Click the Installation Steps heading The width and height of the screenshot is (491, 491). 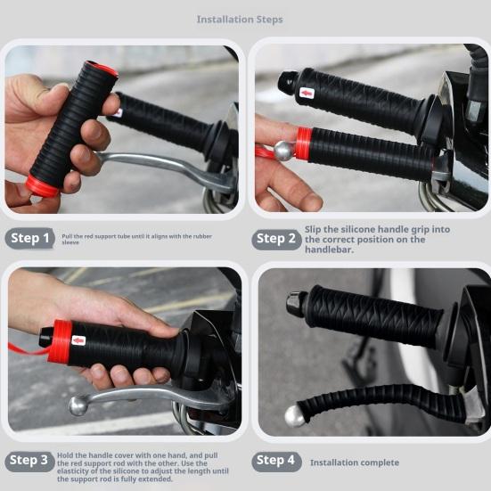(240, 19)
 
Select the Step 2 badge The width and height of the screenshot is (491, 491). (276, 238)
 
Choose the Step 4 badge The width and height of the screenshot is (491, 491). (276, 461)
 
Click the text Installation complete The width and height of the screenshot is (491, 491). (354, 462)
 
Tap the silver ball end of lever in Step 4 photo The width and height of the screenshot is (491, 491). (294, 415)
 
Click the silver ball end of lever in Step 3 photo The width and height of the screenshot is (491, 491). (78, 405)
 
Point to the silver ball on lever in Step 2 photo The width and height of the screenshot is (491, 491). (283, 151)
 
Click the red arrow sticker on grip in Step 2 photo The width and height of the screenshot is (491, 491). (307, 93)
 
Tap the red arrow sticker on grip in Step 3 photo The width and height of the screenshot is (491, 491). (78, 340)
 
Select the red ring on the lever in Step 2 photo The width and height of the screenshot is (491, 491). (304, 143)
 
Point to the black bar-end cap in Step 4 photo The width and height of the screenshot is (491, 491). (296, 304)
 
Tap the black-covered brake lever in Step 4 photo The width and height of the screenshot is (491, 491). (374, 405)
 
